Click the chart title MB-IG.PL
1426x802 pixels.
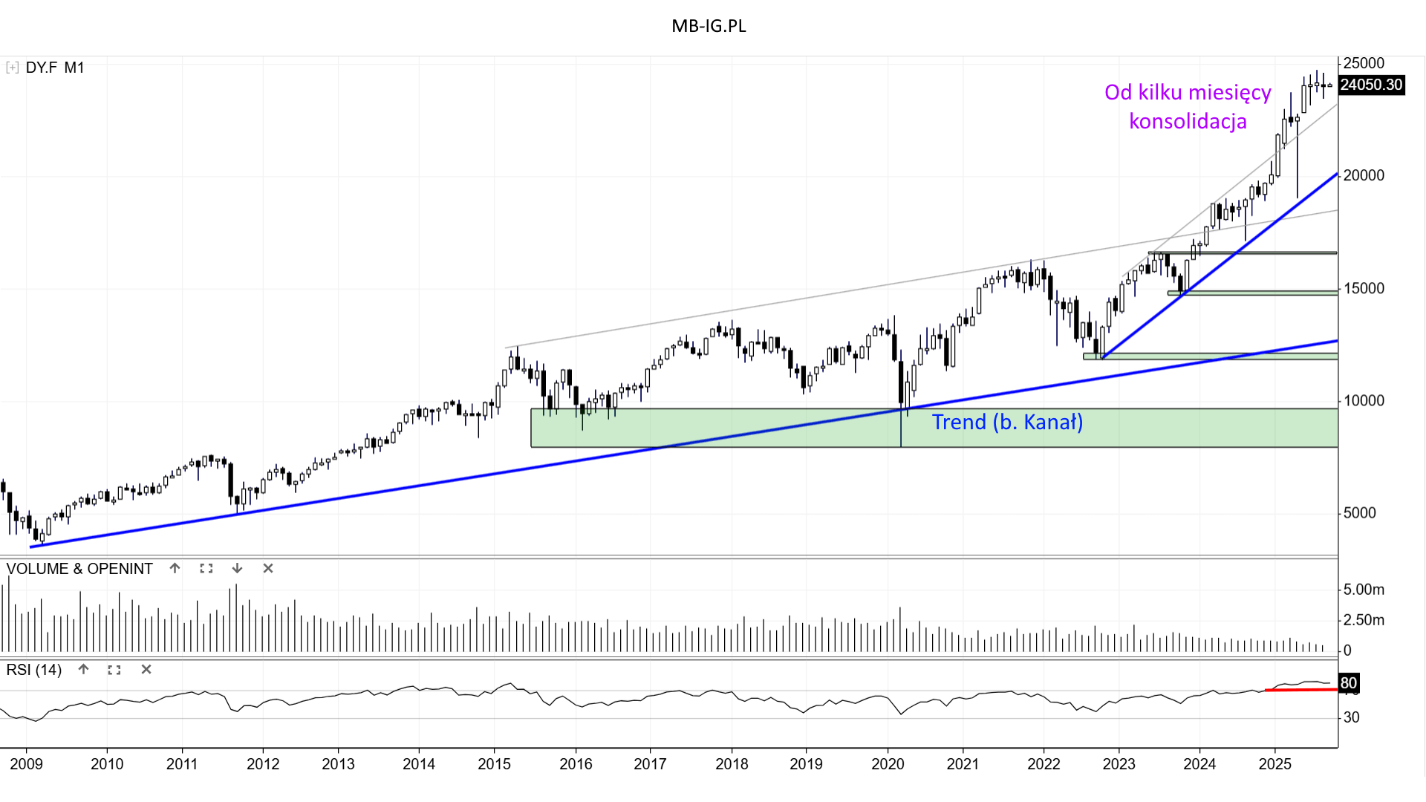tap(709, 26)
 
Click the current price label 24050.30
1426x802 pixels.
tap(1371, 85)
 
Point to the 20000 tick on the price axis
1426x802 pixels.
tap(1364, 175)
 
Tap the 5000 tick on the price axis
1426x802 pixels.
tap(1359, 513)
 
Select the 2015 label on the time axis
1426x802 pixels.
tap(494, 764)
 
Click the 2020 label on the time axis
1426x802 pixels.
tap(888, 764)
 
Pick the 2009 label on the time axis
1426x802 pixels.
tap(26, 764)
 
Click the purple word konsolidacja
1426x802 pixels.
tap(1188, 121)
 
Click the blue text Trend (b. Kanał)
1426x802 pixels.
tap(1007, 422)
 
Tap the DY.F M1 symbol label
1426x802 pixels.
tap(55, 68)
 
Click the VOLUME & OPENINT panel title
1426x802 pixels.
tap(79, 569)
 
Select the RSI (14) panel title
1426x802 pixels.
tap(34, 670)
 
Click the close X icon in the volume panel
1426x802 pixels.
tap(268, 569)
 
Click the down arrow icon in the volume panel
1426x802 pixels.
tap(237, 569)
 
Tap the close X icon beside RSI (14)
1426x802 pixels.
tap(146, 670)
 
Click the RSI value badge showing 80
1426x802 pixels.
tap(1348, 683)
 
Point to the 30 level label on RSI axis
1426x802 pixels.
tap(1351, 717)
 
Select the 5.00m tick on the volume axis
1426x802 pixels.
tap(1364, 590)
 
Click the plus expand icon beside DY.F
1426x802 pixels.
tap(12, 68)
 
